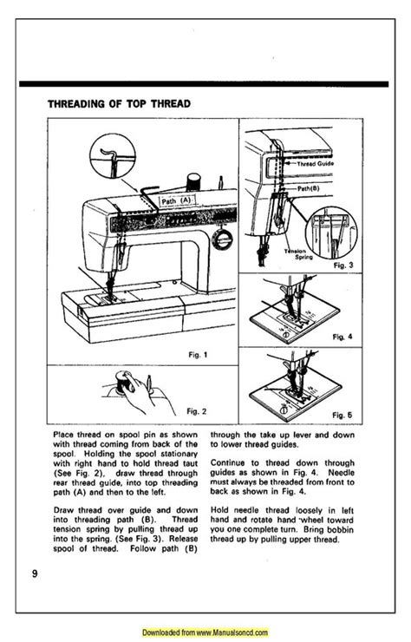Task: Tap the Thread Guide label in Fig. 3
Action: [x=329, y=163]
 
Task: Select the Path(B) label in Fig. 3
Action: [x=310, y=187]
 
